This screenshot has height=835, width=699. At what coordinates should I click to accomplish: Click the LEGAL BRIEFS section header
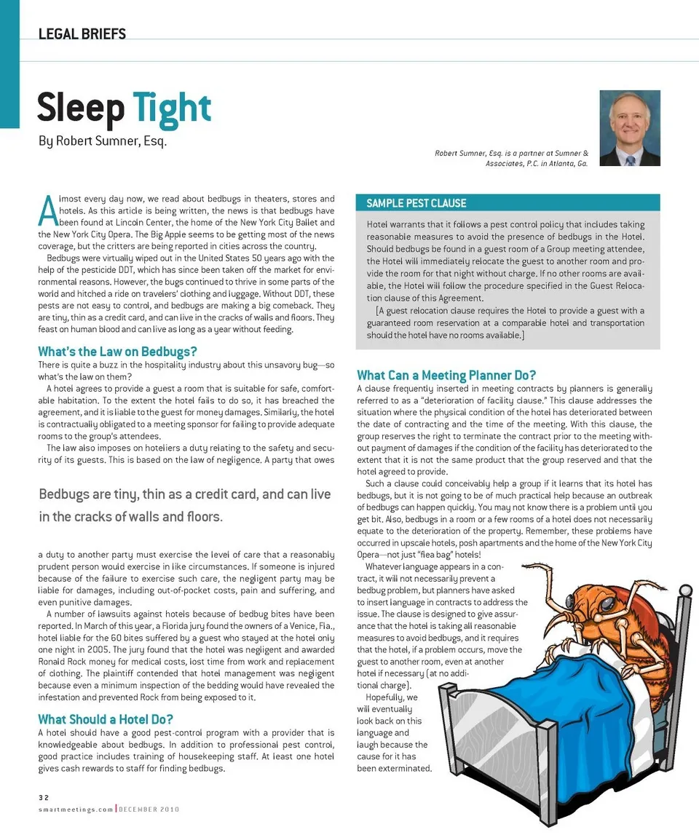pyautogui.click(x=82, y=34)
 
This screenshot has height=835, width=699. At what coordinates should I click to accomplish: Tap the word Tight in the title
pyautogui.click(x=172, y=108)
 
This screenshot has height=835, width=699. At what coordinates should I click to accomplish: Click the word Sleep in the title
pyautogui.click(x=80, y=108)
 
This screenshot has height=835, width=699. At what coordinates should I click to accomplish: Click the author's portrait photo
pyautogui.click(x=629, y=128)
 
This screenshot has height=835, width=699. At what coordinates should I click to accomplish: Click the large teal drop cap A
pyautogui.click(x=47, y=210)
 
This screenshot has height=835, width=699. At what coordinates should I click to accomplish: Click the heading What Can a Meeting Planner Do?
pyautogui.click(x=446, y=376)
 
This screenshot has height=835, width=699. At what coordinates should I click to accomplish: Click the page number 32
pyautogui.click(x=43, y=797)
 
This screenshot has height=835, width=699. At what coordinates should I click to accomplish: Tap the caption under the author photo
pyautogui.click(x=511, y=159)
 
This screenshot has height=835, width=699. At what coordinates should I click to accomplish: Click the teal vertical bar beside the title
pyautogui.click(x=9, y=66)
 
